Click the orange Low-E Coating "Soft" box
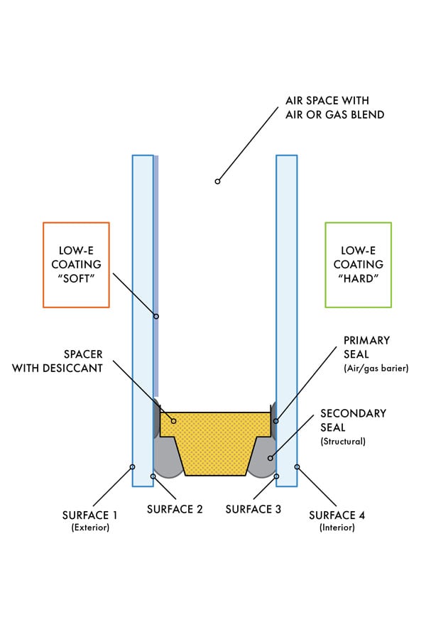tap(76, 264)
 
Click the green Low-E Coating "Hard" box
tap(358, 264)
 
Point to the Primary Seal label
tap(366, 340)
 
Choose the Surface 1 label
tap(89, 514)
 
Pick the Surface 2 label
tap(175, 509)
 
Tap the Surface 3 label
tap(253, 509)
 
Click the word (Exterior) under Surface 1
tap(90, 528)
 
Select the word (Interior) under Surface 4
tap(337, 528)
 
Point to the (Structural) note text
tap(344, 441)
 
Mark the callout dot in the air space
tap(217, 182)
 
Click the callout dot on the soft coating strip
tap(156, 316)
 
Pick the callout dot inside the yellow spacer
tap(173, 421)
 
